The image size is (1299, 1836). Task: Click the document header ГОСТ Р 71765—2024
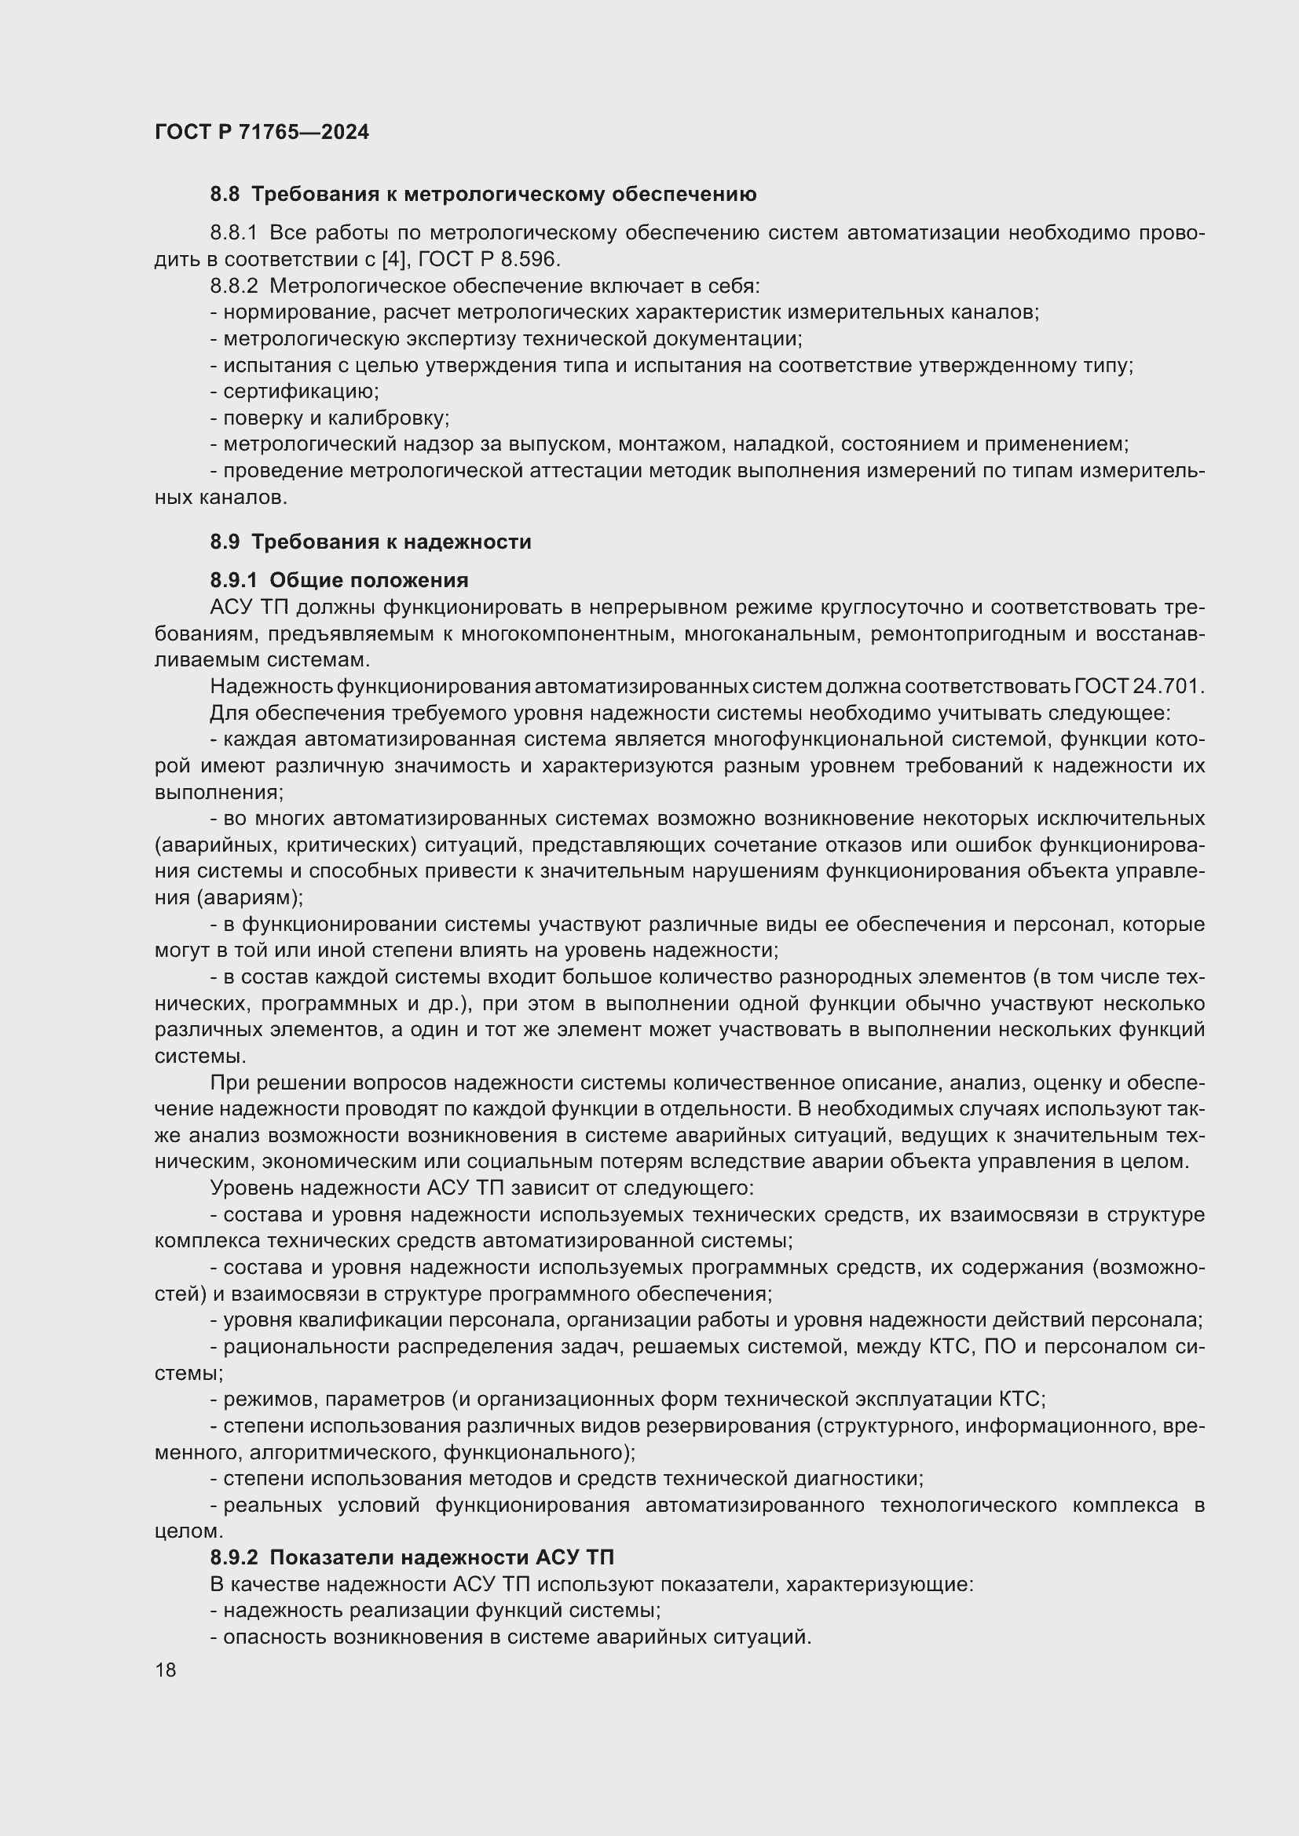[x=262, y=132]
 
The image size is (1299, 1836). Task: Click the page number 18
[x=166, y=1670]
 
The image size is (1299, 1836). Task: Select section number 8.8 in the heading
[x=225, y=195]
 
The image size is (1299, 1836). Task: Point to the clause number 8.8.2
[x=233, y=286]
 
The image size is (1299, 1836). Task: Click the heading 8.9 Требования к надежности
[x=371, y=542]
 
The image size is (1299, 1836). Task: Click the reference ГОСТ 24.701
[x=1139, y=687]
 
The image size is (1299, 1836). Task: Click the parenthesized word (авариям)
[x=250, y=898]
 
